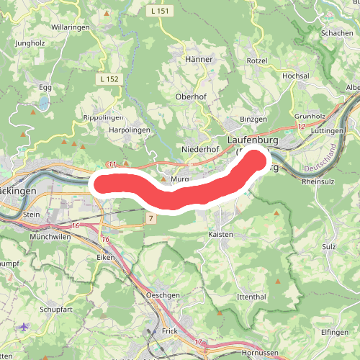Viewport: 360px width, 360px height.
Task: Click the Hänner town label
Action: (x=199, y=59)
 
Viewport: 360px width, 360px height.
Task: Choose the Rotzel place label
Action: (x=257, y=60)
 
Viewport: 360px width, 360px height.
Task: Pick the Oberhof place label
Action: (x=192, y=96)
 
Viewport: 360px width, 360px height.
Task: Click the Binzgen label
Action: (x=253, y=119)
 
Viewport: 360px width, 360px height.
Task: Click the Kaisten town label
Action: (x=220, y=235)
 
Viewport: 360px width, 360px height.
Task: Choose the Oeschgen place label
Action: (x=162, y=295)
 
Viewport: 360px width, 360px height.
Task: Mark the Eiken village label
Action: (x=106, y=256)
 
